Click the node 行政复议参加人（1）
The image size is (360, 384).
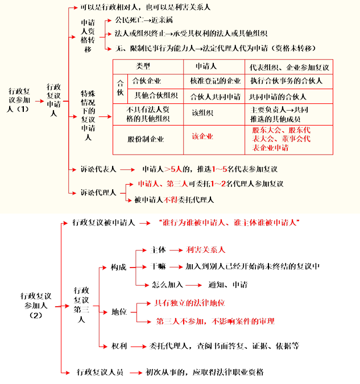(20, 100)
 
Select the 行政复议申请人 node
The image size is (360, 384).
(55, 100)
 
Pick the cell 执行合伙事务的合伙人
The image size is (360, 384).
(285, 81)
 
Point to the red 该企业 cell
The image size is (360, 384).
(202, 136)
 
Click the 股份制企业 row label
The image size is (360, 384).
(146, 139)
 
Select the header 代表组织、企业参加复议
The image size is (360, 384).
(289, 67)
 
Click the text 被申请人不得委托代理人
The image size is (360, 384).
(174, 199)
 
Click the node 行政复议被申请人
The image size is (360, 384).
(103, 223)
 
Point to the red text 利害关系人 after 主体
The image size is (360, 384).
(205, 249)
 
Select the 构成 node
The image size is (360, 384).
(118, 267)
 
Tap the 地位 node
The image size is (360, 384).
(118, 312)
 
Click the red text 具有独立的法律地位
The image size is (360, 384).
(190, 303)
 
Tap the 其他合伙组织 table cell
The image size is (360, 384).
(156, 95)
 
